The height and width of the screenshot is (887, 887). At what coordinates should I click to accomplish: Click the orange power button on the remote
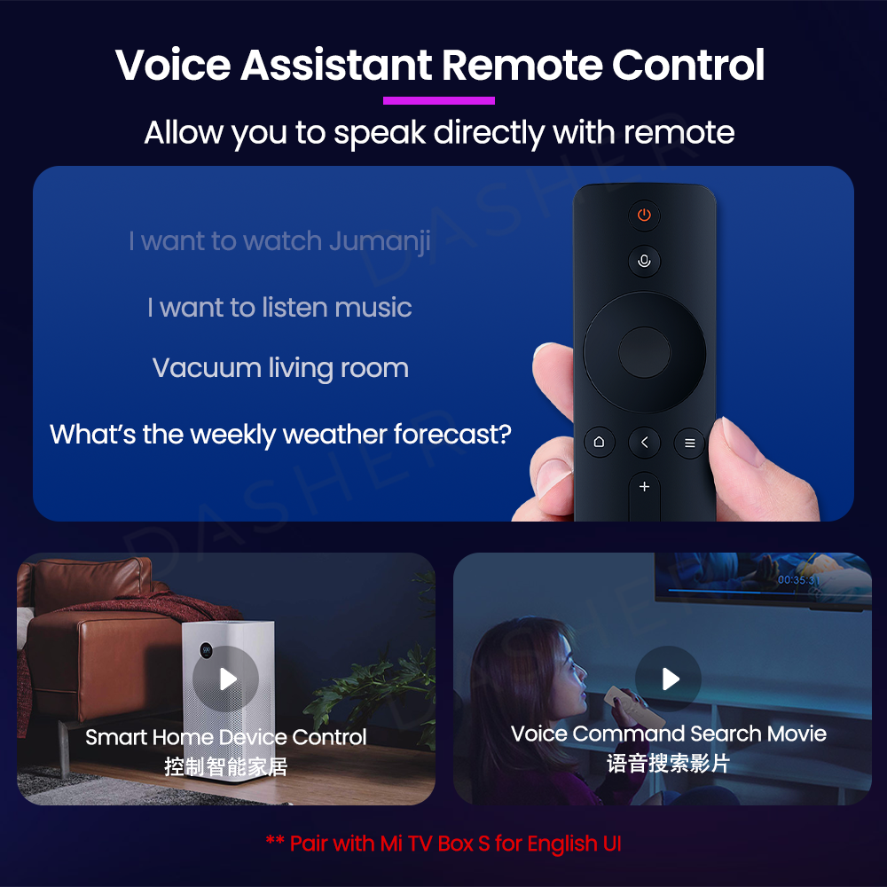point(644,215)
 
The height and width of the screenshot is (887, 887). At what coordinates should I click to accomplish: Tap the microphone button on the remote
point(644,261)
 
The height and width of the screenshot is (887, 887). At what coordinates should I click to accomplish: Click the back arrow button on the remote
point(644,443)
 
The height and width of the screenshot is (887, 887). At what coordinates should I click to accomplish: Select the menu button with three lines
point(689,443)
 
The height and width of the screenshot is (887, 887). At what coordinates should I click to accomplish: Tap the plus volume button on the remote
point(644,487)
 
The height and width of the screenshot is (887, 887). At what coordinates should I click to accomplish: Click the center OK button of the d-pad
point(644,352)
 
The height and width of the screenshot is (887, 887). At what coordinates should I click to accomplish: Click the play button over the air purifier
point(225,679)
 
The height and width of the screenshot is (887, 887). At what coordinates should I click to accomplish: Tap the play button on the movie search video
point(669,679)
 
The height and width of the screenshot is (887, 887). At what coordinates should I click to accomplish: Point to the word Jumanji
point(380,242)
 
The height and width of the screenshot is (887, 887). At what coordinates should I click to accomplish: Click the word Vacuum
point(207,368)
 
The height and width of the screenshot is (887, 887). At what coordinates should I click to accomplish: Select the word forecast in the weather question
point(452,435)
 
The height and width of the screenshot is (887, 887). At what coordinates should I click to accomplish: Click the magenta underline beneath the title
point(439,101)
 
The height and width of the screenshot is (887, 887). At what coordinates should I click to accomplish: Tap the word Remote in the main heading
point(522,65)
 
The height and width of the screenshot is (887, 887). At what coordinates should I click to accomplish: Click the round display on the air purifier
point(207,651)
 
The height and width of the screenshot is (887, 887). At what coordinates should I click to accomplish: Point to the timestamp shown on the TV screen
point(797,580)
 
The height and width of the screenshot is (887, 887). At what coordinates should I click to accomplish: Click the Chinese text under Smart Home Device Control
point(225,767)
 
